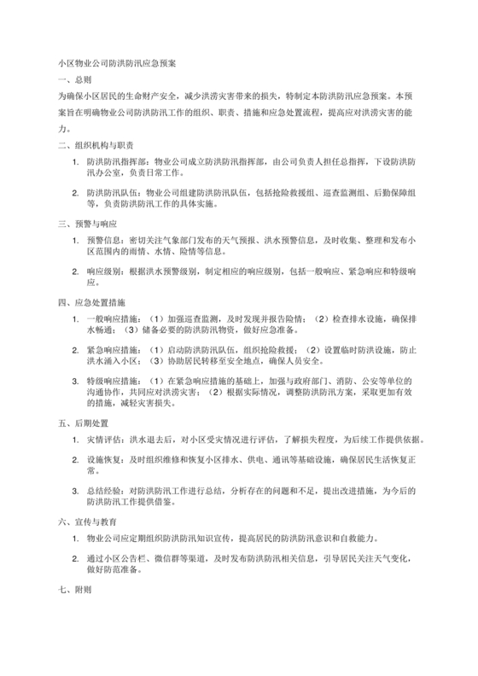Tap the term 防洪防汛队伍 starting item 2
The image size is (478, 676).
coord(116,192)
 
